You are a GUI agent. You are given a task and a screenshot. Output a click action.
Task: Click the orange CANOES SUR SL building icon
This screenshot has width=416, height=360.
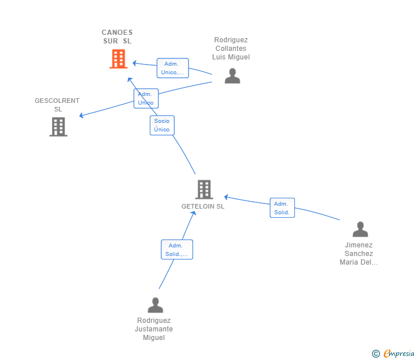[x=118, y=59]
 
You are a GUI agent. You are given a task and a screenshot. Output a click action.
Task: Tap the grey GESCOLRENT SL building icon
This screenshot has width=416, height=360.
[x=58, y=127]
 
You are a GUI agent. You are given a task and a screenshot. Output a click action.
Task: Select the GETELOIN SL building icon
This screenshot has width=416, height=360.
[x=204, y=189]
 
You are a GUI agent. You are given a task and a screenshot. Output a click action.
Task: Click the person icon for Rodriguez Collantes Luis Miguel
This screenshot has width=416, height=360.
[x=232, y=76]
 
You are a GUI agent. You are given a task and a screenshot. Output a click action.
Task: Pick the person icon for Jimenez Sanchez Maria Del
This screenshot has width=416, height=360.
[x=360, y=229]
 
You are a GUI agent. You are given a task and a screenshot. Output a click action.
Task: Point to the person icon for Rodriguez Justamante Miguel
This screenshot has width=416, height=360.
[x=155, y=305]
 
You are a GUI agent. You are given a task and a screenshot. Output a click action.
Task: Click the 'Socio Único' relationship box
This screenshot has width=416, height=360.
[x=162, y=125]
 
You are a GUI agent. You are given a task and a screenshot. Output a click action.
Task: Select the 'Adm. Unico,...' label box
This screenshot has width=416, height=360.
[x=172, y=68]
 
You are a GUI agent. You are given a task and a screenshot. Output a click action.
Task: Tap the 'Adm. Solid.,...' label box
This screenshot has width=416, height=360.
[x=177, y=250]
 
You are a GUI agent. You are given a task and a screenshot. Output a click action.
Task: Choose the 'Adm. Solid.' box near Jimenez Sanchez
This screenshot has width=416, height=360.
[x=282, y=208]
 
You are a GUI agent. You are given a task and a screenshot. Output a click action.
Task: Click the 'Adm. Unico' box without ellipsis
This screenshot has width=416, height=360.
[x=146, y=98]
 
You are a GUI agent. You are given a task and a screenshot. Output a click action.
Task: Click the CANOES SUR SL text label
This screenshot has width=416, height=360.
[x=117, y=37]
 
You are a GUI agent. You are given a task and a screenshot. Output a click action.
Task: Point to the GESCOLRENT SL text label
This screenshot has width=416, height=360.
[x=57, y=105]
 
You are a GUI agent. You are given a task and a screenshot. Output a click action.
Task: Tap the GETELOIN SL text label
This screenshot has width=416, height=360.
[x=203, y=206]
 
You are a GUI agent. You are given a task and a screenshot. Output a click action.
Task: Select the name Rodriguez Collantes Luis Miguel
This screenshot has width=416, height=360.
[x=231, y=49]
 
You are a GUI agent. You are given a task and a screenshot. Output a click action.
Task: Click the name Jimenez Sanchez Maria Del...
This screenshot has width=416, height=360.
[x=359, y=253]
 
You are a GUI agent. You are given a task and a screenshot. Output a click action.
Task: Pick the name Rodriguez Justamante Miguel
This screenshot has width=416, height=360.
[x=154, y=329]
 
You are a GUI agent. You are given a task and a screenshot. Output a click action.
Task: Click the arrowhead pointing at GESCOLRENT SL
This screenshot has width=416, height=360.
[x=82, y=116]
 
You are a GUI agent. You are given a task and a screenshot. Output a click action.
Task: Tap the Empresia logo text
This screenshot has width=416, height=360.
[x=398, y=354]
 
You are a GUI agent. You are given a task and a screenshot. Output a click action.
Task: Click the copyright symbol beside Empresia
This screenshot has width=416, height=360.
[x=375, y=354]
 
